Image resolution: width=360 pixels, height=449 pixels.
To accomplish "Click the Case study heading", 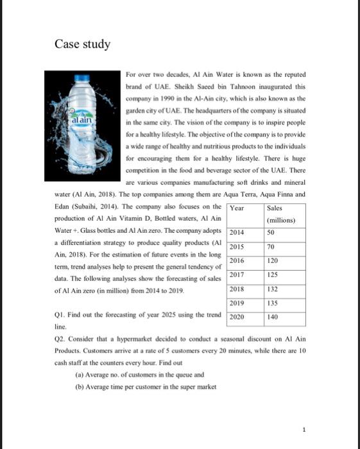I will [82, 44].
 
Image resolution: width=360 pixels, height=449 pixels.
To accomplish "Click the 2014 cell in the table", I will [237, 232].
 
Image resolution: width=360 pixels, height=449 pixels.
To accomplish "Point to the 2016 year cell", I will [237, 260].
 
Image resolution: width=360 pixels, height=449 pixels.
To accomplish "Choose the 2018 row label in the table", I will [237, 289].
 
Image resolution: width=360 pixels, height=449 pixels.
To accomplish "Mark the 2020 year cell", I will [237, 317].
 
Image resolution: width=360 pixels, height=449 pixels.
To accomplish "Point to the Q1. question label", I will [60, 315].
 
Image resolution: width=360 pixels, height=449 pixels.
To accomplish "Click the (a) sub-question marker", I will [80, 374].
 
